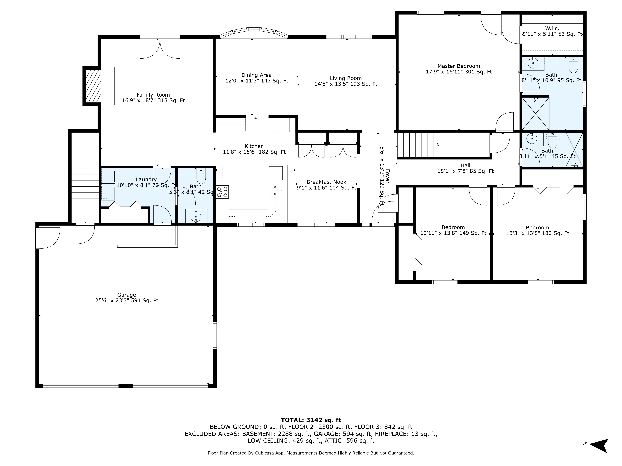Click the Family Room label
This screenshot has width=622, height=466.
(x=153, y=97)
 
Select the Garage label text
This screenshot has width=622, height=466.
(x=127, y=297)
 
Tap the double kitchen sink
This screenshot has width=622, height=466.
(x=275, y=190)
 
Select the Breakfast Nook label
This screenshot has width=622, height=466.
(x=326, y=185)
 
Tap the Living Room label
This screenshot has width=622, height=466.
(x=346, y=81)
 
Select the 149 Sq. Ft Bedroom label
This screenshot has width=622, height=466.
(x=453, y=230)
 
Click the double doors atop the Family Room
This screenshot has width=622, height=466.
(x=160, y=48)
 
